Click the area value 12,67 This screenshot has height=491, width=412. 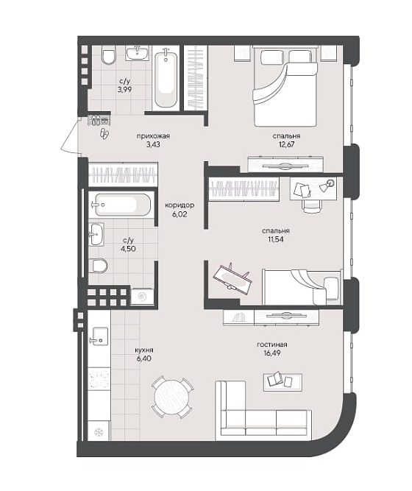[287, 144]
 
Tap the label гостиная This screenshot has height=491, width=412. [271, 345]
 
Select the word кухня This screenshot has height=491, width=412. [144, 350]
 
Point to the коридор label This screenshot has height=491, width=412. [180, 205]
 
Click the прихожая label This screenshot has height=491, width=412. [153, 136]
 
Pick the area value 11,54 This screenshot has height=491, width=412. [276, 239]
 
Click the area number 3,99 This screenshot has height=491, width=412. [124, 90]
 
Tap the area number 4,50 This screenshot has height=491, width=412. [128, 249]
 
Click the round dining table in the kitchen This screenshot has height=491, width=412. [171, 397]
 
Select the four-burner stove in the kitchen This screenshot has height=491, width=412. [99, 378]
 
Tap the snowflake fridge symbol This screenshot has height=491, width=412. [99, 432]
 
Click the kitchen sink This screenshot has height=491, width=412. [99, 336]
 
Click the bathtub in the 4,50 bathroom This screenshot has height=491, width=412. [123, 205]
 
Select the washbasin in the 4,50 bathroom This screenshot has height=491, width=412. [96, 234]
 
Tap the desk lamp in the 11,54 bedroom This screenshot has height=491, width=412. [327, 185]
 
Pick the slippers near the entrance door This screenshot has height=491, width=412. [104, 134]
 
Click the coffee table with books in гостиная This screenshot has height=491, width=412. [283, 382]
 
